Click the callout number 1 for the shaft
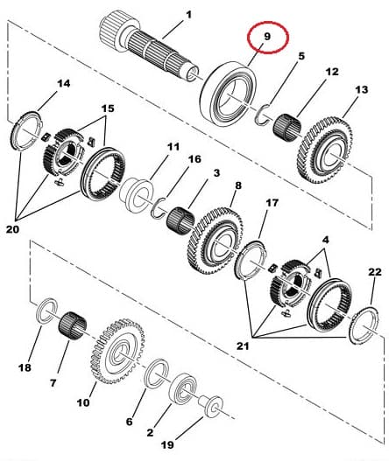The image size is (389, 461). point(188,15)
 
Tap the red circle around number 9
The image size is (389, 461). point(268,22)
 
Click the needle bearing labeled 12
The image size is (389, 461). point(287,128)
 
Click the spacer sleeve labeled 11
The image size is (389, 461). point(136,194)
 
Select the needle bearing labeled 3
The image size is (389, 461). point(180,220)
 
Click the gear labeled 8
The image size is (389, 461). point(216,241)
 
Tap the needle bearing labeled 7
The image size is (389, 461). point(73,325)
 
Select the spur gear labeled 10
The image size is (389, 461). point(117,352)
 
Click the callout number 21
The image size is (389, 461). point(243,346)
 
